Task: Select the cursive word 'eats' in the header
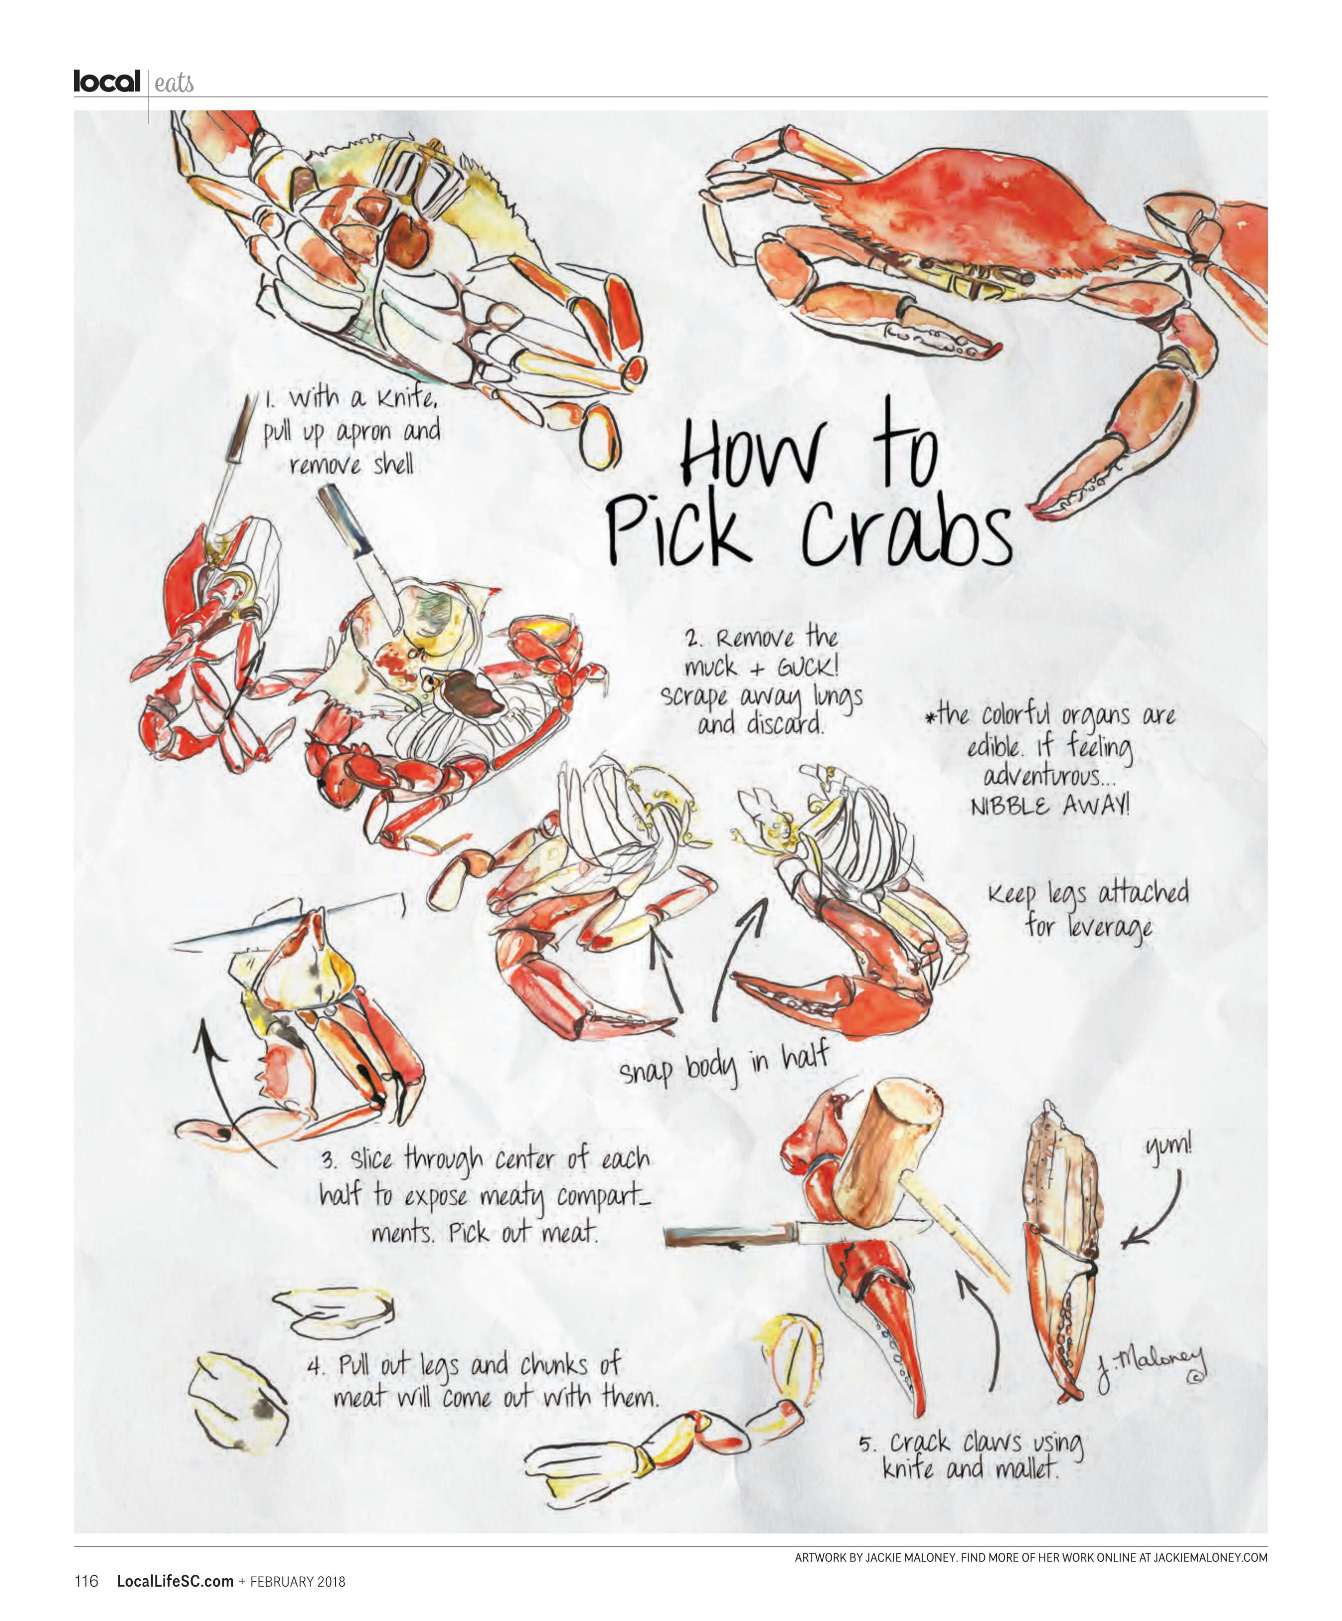[174, 83]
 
